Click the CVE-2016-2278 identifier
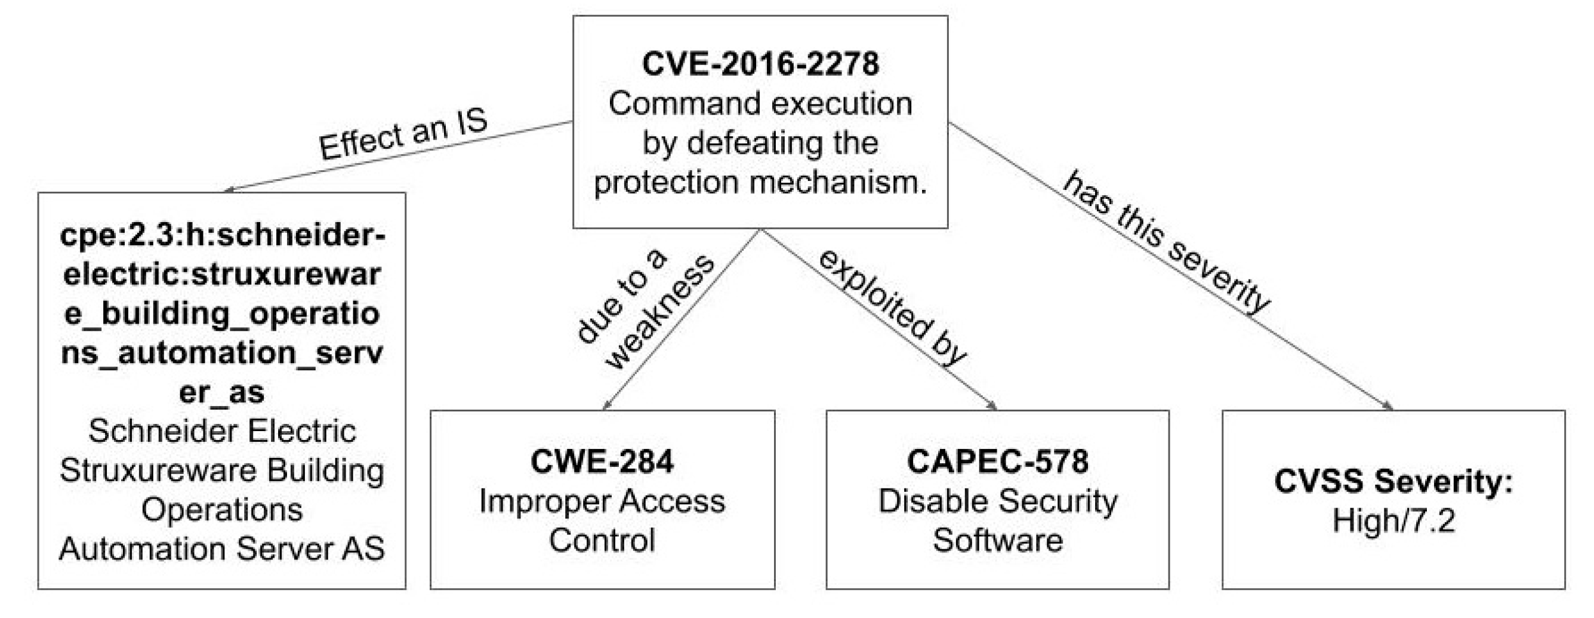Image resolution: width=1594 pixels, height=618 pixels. pos(760,64)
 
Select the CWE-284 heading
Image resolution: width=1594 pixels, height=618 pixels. pos(602,462)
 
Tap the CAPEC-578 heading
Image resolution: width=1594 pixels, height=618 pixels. pos(997,462)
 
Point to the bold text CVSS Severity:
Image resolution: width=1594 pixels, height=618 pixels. pos(1393,481)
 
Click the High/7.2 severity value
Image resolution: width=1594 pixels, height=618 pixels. pos(1393,520)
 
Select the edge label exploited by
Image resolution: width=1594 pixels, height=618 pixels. pos(892,308)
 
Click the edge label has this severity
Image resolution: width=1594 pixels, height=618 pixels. pos(1166,241)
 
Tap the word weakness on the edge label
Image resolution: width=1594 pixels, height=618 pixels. pos(659,313)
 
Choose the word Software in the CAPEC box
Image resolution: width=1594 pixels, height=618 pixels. pos(997,540)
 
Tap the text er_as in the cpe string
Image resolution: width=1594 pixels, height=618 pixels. pos(221,392)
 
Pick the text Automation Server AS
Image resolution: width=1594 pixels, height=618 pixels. pos(221,549)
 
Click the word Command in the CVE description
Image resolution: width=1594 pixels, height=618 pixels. pos(674,103)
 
